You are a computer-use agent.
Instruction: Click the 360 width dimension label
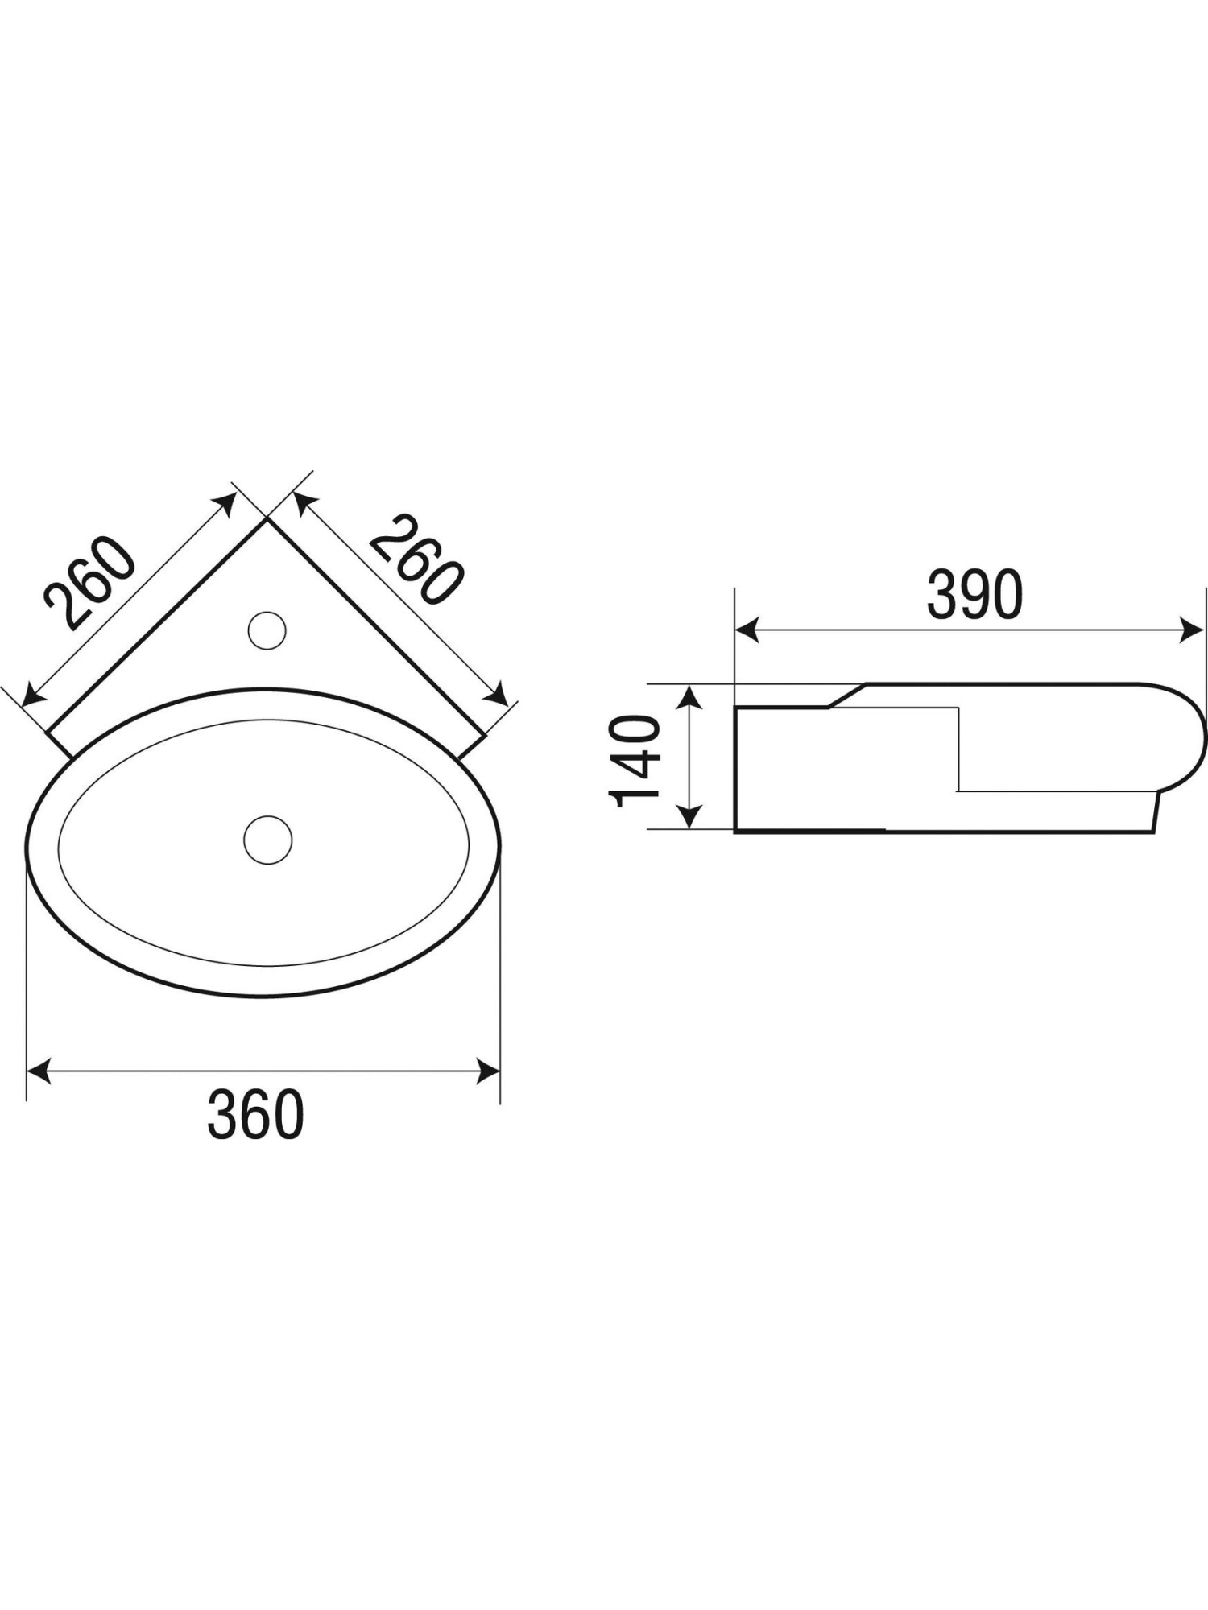click(255, 1114)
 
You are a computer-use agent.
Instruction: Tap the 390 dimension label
click(974, 595)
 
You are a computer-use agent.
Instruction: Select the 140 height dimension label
click(635, 761)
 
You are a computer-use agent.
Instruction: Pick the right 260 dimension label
click(417, 560)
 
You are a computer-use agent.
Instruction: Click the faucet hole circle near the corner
click(267, 630)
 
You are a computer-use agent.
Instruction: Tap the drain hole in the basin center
click(268, 840)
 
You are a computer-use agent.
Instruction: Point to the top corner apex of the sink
click(267, 519)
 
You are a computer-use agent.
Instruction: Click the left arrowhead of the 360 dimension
click(39, 1071)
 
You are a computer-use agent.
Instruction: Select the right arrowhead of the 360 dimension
click(489, 1071)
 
